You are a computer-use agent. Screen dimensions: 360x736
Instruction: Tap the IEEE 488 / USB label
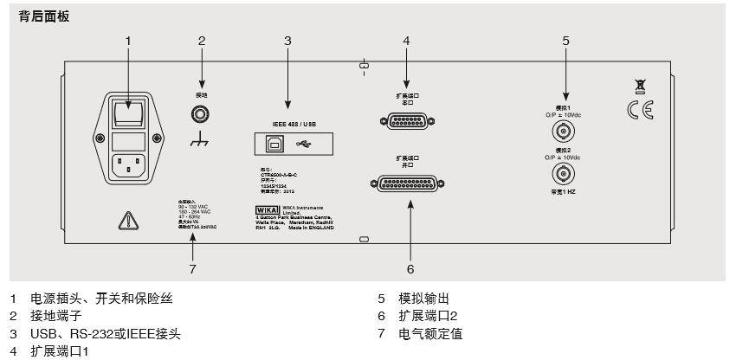point(289,124)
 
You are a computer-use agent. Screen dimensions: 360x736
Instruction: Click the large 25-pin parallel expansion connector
point(405,183)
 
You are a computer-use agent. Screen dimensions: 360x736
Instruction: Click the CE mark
point(641,110)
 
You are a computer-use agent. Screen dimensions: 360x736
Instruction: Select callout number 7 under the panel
point(192,269)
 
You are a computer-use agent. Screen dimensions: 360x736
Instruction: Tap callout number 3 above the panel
point(287,41)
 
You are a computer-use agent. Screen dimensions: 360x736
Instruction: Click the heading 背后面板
point(44,16)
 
